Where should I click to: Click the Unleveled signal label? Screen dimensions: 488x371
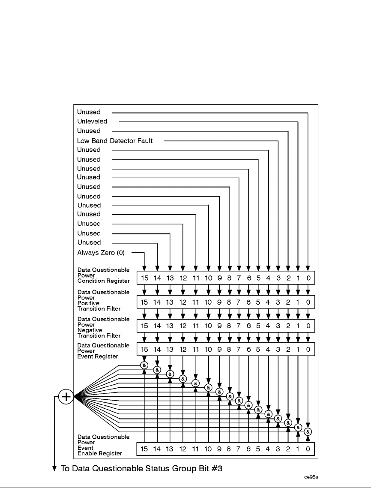pos(92,121)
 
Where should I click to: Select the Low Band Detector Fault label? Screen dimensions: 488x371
pos(115,140)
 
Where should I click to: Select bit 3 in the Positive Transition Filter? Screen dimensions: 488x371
pos(278,302)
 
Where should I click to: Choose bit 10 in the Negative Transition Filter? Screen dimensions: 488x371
pos(209,326)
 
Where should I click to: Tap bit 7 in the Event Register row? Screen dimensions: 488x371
pos(239,350)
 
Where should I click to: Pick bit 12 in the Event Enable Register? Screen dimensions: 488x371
pos(183,449)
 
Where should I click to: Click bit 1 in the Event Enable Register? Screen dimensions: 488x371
pos(298,449)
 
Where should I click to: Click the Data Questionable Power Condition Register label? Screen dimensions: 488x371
pos(103,275)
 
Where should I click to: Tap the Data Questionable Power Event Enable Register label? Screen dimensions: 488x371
pos(103,445)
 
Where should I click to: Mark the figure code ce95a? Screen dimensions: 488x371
pos(312,476)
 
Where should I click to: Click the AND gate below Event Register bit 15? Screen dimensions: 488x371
pos(144,365)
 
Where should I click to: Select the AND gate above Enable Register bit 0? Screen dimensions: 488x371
pos(308,431)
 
